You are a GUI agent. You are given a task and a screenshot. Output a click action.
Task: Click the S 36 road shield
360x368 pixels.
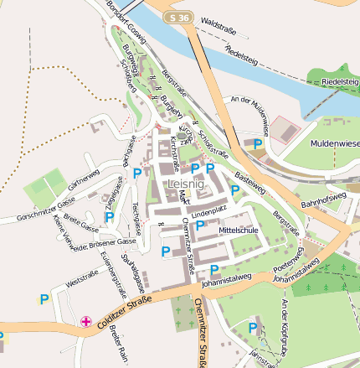click(177, 18)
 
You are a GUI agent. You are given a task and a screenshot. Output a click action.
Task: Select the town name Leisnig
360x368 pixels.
click(186, 184)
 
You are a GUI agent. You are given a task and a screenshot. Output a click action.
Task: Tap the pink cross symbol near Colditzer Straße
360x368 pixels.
click(85, 321)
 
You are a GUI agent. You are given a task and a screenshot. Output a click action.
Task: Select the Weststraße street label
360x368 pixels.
click(81, 277)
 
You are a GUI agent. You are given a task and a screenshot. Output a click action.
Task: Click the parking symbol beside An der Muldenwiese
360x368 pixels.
click(258, 144)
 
